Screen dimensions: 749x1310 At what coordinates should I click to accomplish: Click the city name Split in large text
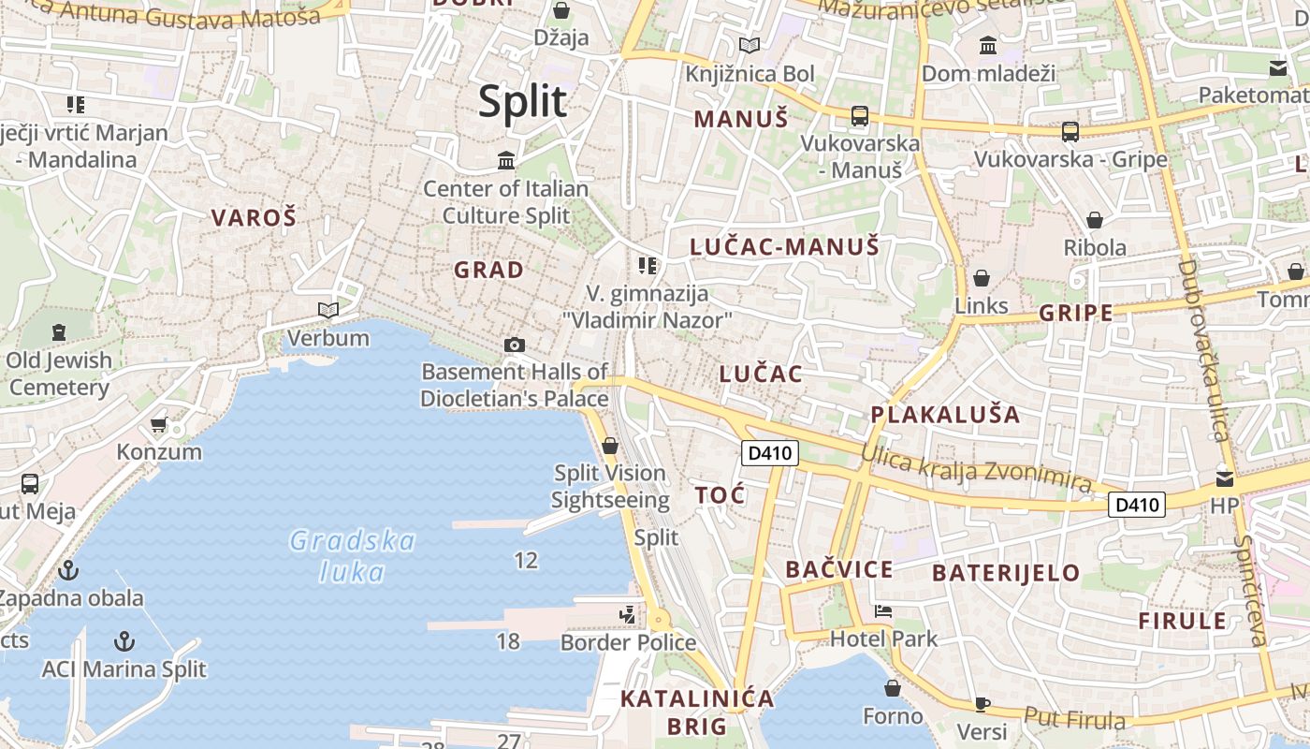pyautogui.click(x=523, y=101)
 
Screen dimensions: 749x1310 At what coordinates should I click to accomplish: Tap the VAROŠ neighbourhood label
pyautogui.click(x=254, y=218)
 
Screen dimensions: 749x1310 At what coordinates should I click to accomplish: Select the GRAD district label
pyautogui.click(x=488, y=271)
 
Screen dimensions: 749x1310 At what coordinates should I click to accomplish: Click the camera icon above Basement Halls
pyautogui.click(x=514, y=345)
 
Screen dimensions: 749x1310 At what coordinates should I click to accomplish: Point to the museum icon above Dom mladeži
pyautogui.click(x=987, y=45)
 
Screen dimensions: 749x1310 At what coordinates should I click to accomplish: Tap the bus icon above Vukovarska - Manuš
pyautogui.click(x=859, y=116)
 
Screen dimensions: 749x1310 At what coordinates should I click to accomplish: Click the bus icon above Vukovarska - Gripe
pyautogui.click(x=1070, y=132)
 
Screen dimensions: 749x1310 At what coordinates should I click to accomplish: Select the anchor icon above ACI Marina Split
pyautogui.click(x=124, y=641)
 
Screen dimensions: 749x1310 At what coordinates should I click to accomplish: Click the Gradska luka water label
pyautogui.click(x=353, y=555)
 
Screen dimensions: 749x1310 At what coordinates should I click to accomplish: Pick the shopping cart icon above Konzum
pyautogui.click(x=159, y=424)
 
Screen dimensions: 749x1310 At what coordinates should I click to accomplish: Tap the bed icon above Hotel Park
pyautogui.click(x=882, y=611)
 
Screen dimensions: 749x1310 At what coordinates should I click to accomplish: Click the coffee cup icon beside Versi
pyautogui.click(x=982, y=704)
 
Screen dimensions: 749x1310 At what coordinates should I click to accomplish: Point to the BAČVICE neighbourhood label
pyautogui.click(x=839, y=569)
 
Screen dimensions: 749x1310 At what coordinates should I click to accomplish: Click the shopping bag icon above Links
pyautogui.click(x=982, y=278)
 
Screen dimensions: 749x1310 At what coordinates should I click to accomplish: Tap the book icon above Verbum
pyautogui.click(x=327, y=310)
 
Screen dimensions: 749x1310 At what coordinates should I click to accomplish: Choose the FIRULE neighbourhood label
pyautogui.click(x=1182, y=621)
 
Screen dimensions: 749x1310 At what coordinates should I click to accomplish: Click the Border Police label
pyautogui.click(x=628, y=642)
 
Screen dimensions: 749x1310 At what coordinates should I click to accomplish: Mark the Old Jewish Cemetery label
pyautogui.click(x=59, y=374)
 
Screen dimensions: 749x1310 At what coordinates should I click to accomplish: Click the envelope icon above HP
pyautogui.click(x=1224, y=479)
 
